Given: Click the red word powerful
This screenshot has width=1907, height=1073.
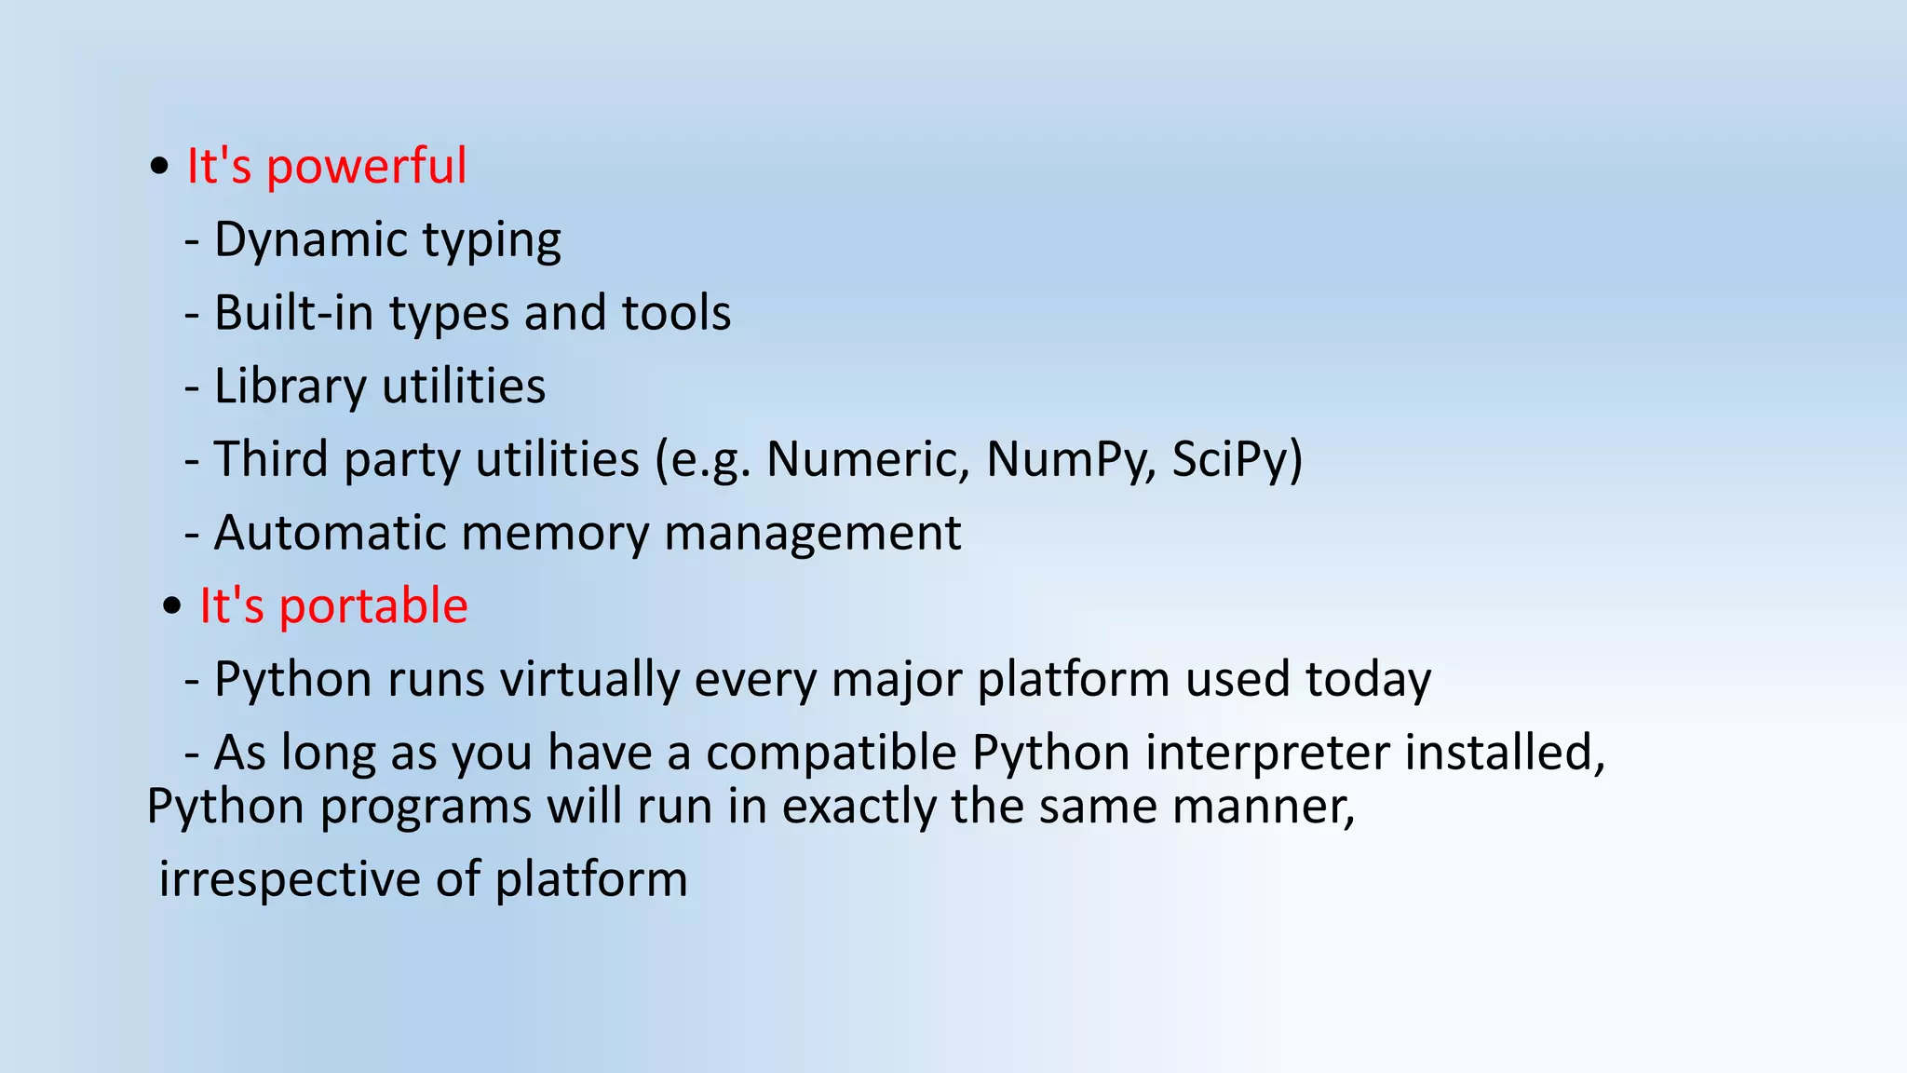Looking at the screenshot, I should pyautogui.click(x=366, y=168).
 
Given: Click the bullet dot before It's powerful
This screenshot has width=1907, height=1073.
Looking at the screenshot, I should pyautogui.click(x=159, y=168).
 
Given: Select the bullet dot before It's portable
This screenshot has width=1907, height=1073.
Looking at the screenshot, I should pyautogui.click(x=171, y=607).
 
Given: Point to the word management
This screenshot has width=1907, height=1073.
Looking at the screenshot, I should pyautogui.click(x=812, y=534).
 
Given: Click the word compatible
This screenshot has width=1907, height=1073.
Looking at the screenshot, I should pyautogui.click(x=831, y=753).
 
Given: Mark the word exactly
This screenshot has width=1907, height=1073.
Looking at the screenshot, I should pyautogui.click(x=859, y=807).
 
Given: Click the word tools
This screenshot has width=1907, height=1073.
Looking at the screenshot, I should pyautogui.click(x=676, y=313).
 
